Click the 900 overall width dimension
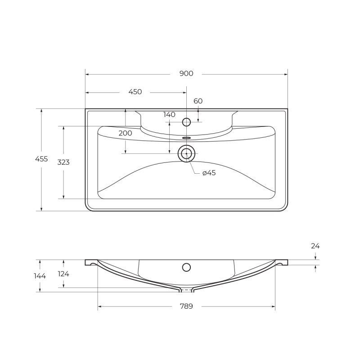coord(186,73)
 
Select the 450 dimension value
coord(135,92)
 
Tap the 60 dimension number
coord(198,101)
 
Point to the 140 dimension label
coord(170,115)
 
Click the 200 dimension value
coord(126,133)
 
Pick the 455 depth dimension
coord(41,159)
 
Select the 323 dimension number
coord(63,162)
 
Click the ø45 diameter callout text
coord(209,173)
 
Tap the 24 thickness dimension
coord(315,246)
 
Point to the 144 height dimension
coord(40,276)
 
